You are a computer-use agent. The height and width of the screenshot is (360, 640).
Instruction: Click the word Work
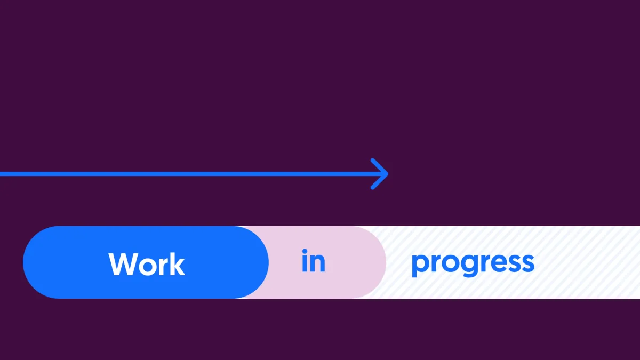pos(147,265)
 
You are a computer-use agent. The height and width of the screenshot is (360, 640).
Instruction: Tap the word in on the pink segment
pos(314,261)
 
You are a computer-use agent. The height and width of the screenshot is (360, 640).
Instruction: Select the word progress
pos(473,265)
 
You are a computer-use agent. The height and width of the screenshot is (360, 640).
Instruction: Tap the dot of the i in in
pos(305,251)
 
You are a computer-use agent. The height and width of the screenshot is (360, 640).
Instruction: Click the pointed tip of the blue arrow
pos(388,174)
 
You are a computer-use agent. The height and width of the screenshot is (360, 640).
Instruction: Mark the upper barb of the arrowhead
pos(379,166)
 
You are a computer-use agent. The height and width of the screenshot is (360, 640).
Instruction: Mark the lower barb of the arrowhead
pos(379,182)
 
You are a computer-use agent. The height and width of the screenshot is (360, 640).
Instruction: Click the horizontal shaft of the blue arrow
pos(193,174)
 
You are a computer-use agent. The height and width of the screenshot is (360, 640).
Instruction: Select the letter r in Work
pos(163,267)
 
